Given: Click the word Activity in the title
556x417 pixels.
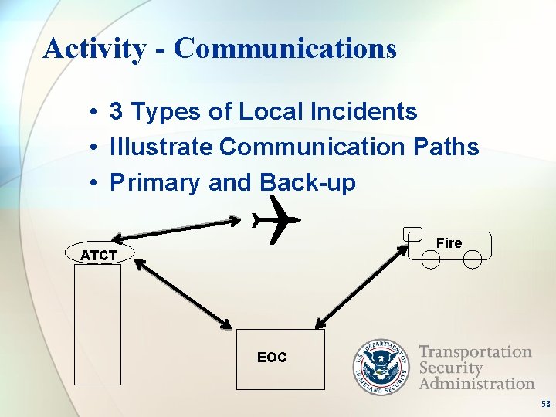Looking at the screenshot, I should click(93, 49).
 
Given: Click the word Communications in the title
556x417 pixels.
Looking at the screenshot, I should click(285, 48).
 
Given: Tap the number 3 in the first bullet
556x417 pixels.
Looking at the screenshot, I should click(117, 112).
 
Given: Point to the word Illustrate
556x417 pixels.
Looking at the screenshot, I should click(161, 147).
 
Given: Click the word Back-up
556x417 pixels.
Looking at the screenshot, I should click(308, 183).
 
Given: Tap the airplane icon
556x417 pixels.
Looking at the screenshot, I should click(275, 220).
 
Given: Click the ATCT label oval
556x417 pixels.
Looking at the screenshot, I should click(99, 254).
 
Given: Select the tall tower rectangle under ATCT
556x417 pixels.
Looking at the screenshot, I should click(98, 324).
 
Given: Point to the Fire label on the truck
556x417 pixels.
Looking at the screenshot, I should click(449, 243).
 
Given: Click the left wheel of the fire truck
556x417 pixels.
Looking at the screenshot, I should click(431, 259).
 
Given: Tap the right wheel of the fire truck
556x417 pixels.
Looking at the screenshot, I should click(472, 259).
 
